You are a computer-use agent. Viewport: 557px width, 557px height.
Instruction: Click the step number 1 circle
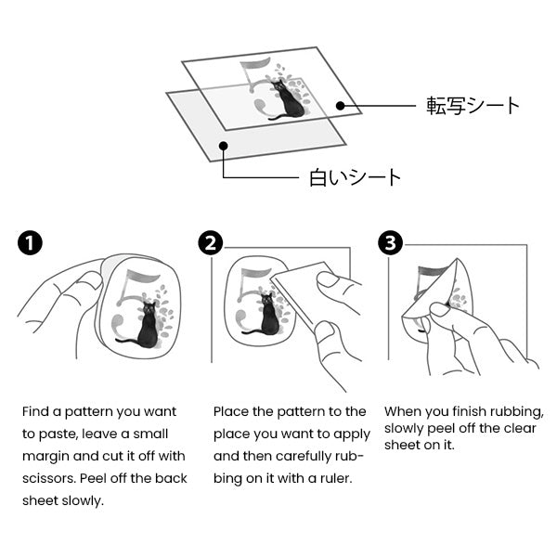30,243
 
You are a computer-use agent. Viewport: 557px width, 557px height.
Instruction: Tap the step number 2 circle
211,243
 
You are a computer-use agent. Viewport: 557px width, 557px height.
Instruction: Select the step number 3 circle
391,243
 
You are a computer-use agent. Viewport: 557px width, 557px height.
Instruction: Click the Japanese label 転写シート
473,106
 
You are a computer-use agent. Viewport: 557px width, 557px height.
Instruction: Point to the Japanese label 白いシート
355,177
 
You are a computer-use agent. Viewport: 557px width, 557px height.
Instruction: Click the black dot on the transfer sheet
341,106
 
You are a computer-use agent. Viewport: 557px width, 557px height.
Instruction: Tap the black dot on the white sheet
223,146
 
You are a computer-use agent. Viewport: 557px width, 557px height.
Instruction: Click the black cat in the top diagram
287,100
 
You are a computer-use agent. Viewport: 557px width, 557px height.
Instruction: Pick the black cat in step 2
266,315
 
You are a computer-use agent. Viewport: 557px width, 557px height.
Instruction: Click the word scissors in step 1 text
48,478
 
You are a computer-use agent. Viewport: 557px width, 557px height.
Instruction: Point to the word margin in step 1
45,457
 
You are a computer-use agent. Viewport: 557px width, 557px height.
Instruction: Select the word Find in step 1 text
35,411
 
